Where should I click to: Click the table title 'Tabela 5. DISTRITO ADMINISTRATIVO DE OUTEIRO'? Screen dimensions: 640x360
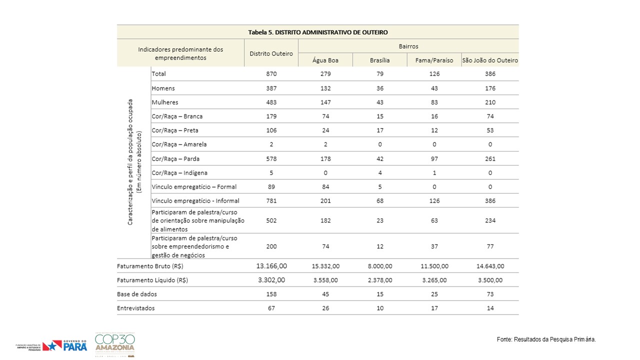[317, 32]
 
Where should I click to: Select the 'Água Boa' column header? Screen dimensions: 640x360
[325, 60]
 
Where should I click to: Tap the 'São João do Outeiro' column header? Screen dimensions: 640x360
[490, 60]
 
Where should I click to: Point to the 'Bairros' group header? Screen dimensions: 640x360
[408, 46]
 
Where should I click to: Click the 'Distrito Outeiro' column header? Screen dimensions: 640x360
[271, 53]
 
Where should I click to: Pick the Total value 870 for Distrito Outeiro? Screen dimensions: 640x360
[271, 73]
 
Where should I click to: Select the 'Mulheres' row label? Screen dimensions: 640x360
[165, 102]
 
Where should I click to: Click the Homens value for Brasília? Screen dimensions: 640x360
[379, 88]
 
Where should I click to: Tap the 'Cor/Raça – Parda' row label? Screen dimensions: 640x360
[175, 159]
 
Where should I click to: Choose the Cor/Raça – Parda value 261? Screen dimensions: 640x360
[490, 159]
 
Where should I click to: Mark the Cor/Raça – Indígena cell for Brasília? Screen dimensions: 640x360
[379, 173]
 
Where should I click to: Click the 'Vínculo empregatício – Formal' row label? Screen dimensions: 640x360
[194, 187]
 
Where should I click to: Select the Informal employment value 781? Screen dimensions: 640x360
[271, 201]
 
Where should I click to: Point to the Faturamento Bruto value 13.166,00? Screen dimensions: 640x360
[271, 266]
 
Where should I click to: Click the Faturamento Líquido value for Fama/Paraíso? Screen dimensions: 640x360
[434, 280]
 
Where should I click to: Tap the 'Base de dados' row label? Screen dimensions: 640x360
[137, 294]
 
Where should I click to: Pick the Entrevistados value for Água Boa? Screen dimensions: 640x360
[325, 308]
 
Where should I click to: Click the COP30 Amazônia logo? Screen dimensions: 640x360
[115, 344]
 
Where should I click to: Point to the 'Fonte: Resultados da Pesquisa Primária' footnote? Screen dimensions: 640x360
[546, 339]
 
